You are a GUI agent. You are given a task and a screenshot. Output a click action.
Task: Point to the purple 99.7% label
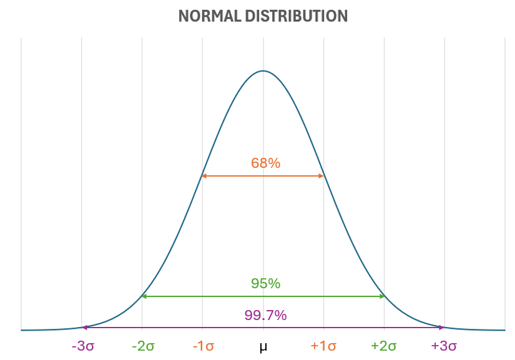pyautogui.click(x=265, y=316)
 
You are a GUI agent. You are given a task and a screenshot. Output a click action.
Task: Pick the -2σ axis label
pyautogui.click(x=143, y=346)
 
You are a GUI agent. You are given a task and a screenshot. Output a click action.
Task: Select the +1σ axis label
pyautogui.click(x=323, y=346)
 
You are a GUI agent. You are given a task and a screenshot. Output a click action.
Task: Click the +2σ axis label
pyautogui.click(x=384, y=346)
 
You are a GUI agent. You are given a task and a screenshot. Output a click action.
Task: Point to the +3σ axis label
pyautogui.click(x=444, y=346)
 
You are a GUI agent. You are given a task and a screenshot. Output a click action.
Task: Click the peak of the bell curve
pyautogui.click(x=263, y=71)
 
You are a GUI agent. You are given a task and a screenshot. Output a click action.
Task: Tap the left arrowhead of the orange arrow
pyautogui.click(x=204, y=177)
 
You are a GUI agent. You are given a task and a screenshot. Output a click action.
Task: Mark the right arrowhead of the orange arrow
pyautogui.click(x=322, y=177)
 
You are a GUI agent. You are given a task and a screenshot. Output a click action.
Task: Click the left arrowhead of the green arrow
pyautogui.click(x=144, y=296)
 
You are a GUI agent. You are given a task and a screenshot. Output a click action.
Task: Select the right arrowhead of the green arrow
pyautogui.click(x=382, y=296)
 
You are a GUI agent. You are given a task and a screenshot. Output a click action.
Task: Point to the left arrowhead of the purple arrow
pyautogui.click(x=84, y=328)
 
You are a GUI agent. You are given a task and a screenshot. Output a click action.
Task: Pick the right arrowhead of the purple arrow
pyautogui.click(x=442, y=328)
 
